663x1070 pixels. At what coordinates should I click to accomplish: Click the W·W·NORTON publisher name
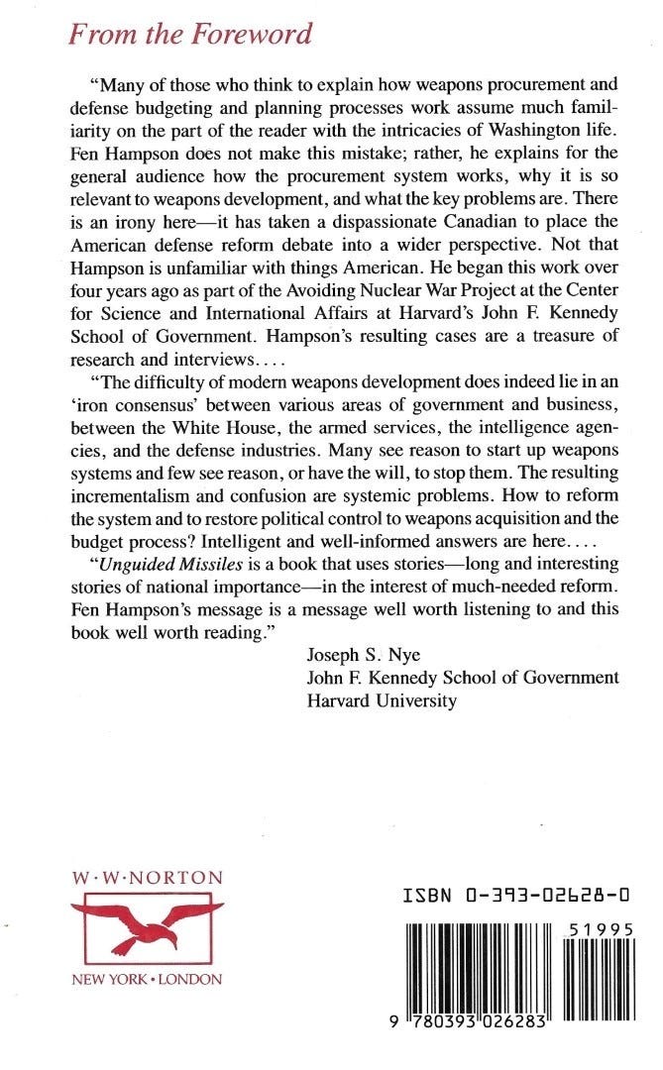(149, 878)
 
